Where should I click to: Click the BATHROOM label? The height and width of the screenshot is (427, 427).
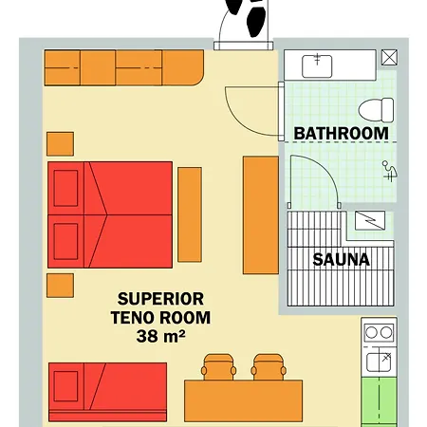pyautogui.click(x=341, y=134)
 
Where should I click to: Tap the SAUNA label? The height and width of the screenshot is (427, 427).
pyautogui.click(x=341, y=260)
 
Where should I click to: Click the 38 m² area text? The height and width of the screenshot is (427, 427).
pyautogui.click(x=160, y=336)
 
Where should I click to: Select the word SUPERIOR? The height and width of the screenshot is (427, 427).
pyautogui.click(x=160, y=299)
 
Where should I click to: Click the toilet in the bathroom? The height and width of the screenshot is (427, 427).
pyautogui.click(x=377, y=110)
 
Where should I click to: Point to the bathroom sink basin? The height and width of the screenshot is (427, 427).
pyautogui.click(x=317, y=66)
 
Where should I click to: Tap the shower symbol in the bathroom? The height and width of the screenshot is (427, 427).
pyautogui.click(x=390, y=171)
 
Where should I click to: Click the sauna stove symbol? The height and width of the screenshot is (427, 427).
pyautogui.click(x=370, y=220)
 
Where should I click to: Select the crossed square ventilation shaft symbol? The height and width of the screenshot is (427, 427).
pyautogui.click(x=389, y=57)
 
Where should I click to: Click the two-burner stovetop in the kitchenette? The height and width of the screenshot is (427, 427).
pyautogui.click(x=379, y=333)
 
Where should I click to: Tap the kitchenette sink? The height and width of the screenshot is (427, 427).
pyautogui.click(x=379, y=362)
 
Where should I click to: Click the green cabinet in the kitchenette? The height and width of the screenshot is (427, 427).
pyautogui.click(x=379, y=401)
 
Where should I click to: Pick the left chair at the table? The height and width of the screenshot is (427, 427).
pyautogui.click(x=218, y=367)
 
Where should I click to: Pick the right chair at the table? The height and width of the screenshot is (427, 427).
pyautogui.click(x=269, y=367)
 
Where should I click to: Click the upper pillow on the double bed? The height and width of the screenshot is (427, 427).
pyautogui.click(x=65, y=188)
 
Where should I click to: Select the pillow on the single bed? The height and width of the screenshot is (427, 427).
pyautogui.click(x=65, y=386)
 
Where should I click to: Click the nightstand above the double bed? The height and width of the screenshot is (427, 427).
pyautogui.click(x=60, y=144)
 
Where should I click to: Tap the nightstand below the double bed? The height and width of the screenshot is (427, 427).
pyautogui.click(x=60, y=286)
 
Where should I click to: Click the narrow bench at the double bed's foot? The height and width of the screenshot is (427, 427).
pyautogui.click(x=190, y=214)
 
